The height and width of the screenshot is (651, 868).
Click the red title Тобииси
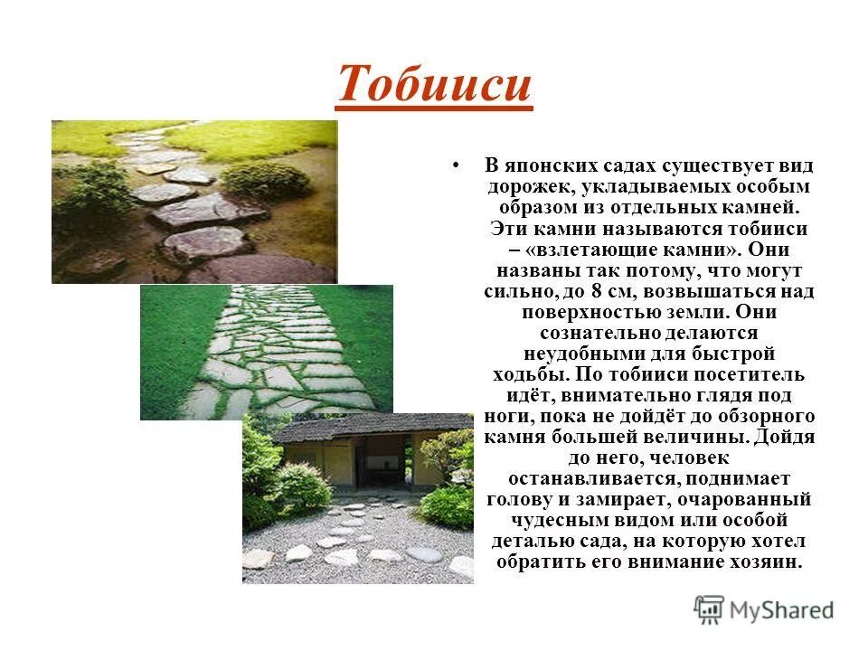(434, 85)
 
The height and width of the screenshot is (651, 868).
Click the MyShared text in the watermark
(781, 610)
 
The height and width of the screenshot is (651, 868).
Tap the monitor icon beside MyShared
(709, 610)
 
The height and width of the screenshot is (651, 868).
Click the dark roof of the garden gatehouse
(362, 425)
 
